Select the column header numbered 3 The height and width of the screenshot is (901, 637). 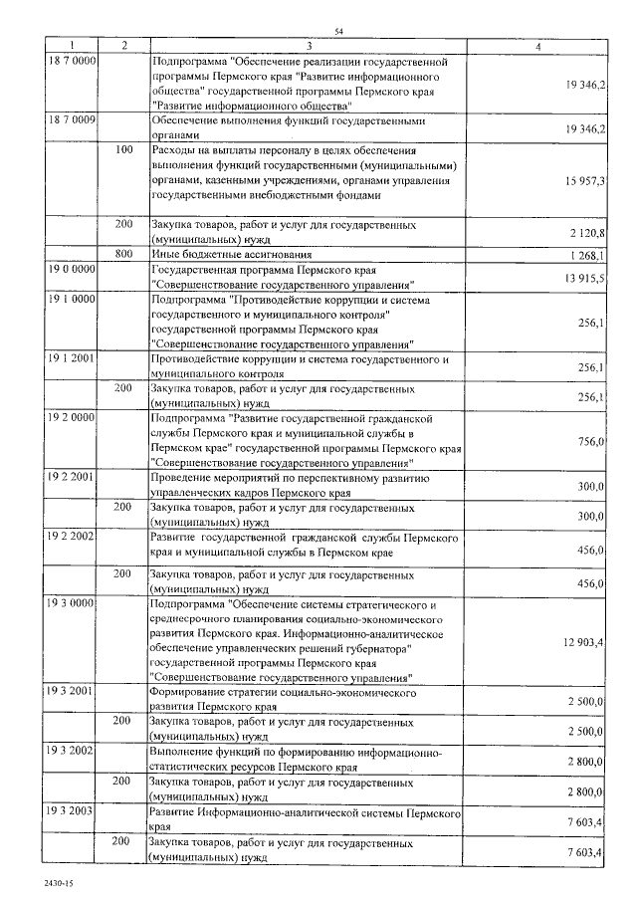click(310, 46)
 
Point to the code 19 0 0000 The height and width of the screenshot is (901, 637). click(71, 270)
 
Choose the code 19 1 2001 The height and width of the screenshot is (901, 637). click(71, 359)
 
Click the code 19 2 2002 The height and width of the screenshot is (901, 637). click(71, 538)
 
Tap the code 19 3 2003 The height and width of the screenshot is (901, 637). click(71, 812)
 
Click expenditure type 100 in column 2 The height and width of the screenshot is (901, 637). click(123, 150)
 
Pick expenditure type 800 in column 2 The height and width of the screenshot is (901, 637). click(123, 254)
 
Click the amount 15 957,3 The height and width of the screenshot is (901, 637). click(584, 180)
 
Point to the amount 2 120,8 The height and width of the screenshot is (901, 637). click(587, 233)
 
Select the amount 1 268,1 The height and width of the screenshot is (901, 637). click(587, 255)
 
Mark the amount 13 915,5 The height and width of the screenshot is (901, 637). click(584, 278)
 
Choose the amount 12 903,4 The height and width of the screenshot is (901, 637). click(584, 642)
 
